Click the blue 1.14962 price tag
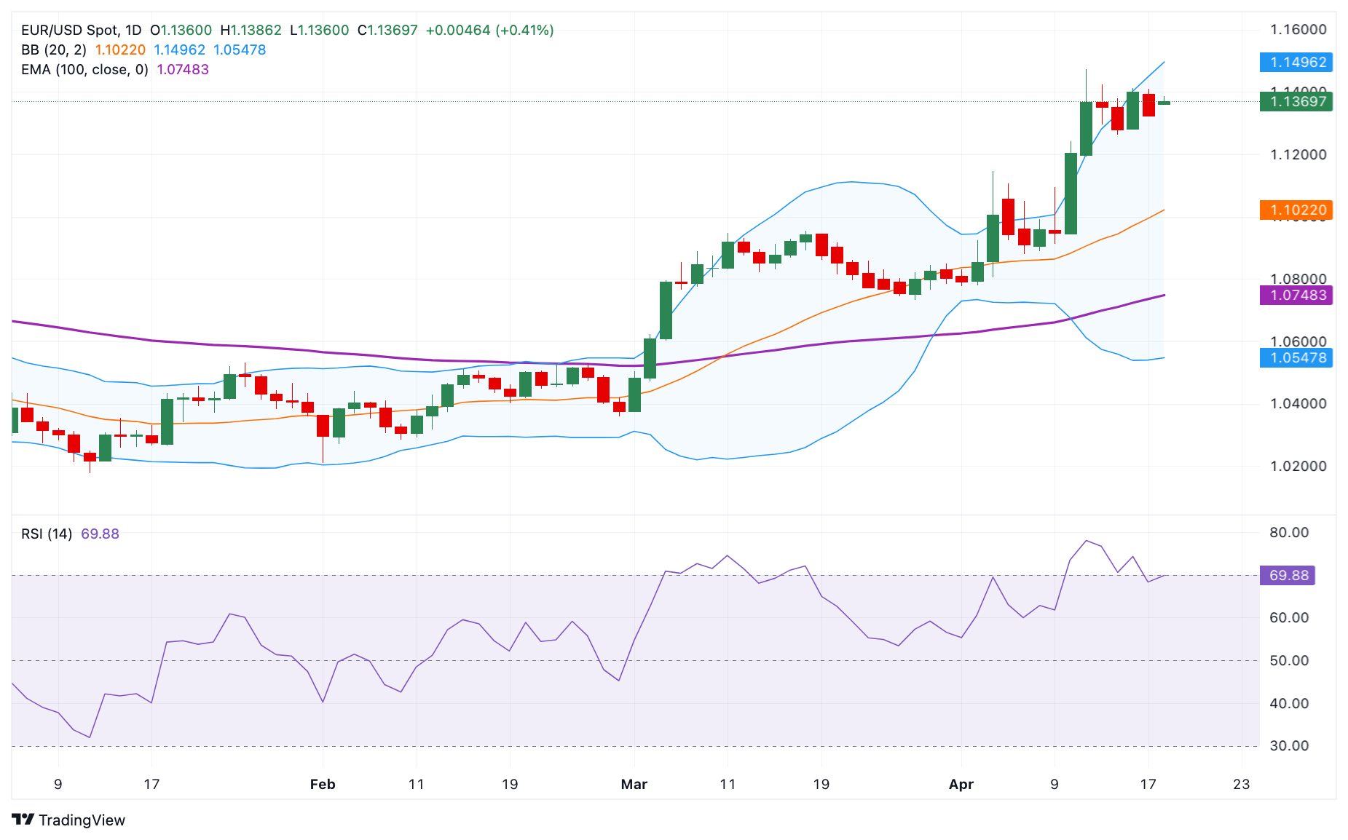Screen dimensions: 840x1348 1296,62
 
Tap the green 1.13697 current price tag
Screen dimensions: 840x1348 1296,101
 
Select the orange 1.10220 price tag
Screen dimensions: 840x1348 1296,210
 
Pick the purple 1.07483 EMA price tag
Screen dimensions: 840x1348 1296,295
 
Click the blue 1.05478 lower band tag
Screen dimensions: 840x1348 1296,357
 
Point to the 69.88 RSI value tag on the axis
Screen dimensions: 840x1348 1288,575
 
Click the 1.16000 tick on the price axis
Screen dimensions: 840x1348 1298,30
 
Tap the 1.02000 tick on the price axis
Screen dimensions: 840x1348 1298,466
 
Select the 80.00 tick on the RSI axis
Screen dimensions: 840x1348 1288,532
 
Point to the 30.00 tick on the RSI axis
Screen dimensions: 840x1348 1288,745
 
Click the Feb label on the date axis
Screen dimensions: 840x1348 323,784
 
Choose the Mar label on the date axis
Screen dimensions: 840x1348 634,784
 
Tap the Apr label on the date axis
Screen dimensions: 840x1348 961,784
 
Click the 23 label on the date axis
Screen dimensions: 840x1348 1241,784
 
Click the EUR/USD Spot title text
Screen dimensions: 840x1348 70,30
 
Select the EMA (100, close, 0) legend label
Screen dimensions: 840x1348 84,69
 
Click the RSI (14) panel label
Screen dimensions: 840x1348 47,534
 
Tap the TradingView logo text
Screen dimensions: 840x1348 82,820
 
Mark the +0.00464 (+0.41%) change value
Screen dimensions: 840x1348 489,30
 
